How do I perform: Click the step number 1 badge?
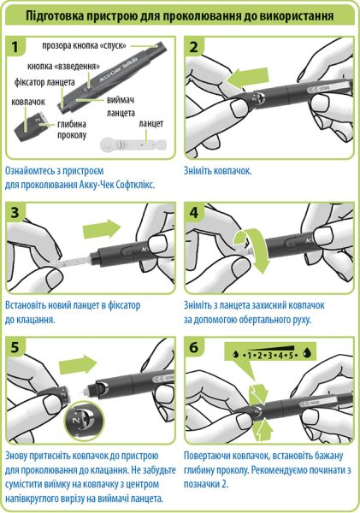point(15,46)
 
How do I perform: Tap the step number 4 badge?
point(194,213)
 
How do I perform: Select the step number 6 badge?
point(194,347)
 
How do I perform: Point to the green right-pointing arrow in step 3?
point(102,228)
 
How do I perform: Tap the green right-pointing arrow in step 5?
point(78,364)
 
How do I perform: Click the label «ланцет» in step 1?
point(150,124)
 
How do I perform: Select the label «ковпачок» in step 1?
point(28,102)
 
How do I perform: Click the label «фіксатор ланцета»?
point(44,82)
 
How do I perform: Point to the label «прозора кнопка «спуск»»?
point(84,45)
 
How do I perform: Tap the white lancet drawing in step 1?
point(133,144)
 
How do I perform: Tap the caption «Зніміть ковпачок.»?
point(218,171)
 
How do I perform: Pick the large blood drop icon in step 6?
point(308,352)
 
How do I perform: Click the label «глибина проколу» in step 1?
point(72,130)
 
